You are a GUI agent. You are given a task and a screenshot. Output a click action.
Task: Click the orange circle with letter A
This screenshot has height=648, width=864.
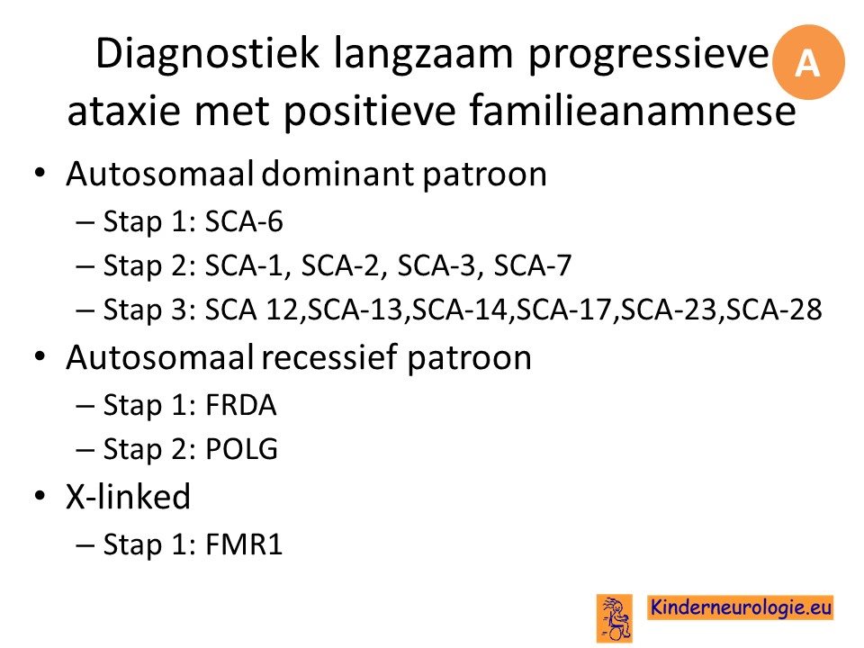tap(808, 62)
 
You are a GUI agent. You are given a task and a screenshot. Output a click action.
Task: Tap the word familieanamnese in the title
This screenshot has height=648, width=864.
tap(633, 110)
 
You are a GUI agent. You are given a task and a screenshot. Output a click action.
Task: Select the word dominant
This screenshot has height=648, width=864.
tap(338, 175)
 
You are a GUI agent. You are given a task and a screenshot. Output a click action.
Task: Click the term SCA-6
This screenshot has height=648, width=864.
tap(244, 222)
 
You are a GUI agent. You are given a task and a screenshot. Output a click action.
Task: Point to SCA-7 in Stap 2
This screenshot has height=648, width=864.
tap(532, 266)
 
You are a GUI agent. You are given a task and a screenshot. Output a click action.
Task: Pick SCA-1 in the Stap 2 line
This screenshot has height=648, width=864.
tap(245, 266)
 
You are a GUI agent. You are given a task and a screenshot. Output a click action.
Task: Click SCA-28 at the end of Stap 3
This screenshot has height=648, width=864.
tap(774, 310)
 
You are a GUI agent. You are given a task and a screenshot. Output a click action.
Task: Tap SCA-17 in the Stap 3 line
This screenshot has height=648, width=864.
tap(563, 310)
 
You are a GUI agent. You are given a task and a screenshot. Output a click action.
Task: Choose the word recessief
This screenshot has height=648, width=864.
tap(329, 357)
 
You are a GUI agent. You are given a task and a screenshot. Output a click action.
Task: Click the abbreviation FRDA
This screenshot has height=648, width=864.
tap(241, 406)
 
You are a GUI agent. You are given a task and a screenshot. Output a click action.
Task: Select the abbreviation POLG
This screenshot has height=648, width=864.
tap(241, 450)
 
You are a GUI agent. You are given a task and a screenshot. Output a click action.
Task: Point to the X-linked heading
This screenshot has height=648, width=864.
tap(129, 497)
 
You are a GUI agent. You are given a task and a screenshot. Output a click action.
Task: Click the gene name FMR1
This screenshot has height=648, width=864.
tap(244, 545)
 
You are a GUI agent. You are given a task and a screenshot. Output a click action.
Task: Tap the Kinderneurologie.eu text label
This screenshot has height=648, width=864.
tap(741, 607)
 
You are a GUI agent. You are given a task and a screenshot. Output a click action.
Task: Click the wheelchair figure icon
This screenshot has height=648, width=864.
tap(615, 618)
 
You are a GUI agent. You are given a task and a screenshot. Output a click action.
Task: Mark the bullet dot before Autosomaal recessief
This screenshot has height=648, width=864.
tap(40, 357)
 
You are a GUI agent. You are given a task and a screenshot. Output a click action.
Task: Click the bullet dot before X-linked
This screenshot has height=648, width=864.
tap(40, 496)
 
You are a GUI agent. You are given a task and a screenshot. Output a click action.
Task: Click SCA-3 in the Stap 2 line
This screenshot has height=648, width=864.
tap(436, 266)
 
